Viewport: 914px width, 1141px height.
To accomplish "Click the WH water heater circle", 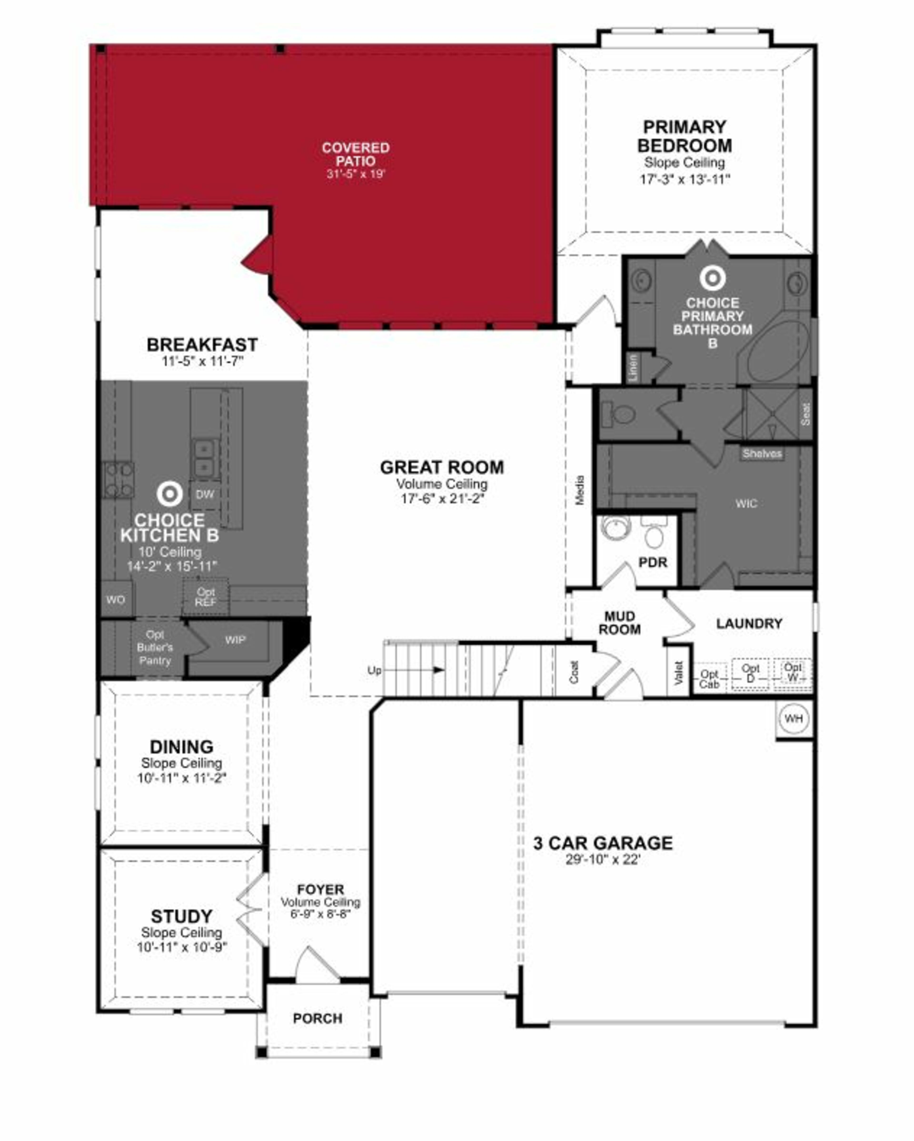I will [x=793, y=719].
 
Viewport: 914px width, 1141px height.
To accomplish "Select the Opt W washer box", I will [x=792, y=673].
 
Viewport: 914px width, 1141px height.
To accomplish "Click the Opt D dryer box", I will [x=750, y=673].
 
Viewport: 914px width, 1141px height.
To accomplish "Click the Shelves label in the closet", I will [x=762, y=453].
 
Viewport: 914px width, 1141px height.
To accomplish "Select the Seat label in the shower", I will [x=805, y=414].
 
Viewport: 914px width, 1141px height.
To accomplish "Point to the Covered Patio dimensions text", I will [x=356, y=174].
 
